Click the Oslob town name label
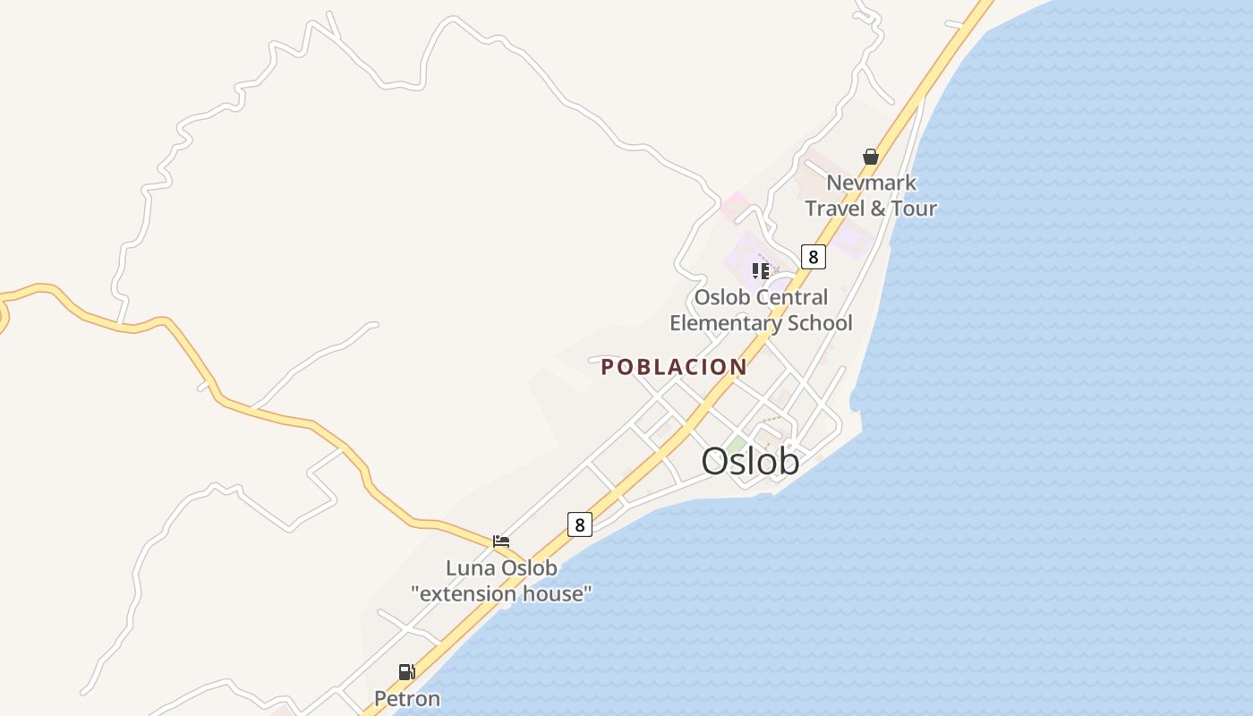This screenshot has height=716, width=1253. pyautogui.click(x=750, y=462)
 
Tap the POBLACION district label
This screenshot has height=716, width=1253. pyautogui.click(x=674, y=367)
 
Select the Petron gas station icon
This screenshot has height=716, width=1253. pyautogui.click(x=406, y=672)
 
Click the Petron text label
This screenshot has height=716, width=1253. pyautogui.click(x=406, y=698)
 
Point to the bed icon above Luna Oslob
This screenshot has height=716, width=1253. pyautogui.click(x=501, y=541)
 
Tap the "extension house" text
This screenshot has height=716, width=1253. pyautogui.click(x=501, y=593)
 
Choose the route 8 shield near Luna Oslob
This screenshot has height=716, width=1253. pyautogui.click(x=579, y=524)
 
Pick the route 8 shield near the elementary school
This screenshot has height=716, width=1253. pyautogui.click(x=813, y=257)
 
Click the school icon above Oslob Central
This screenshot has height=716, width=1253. pyautogui.click(x=761, y=270)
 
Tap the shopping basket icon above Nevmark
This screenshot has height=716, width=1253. pyautogui.click(x=871, y=158)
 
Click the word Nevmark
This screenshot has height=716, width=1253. pyautogui.click(x=871, y=183)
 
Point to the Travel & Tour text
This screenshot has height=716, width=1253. pyautogui.click(x=871, y=209)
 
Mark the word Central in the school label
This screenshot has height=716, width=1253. pyautogui.click(x=792, y=297)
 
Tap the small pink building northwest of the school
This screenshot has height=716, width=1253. pyautogui.click(x=733, y=205)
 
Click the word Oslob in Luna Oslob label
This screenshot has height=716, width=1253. pyautogui.click(x=528, y=568)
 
